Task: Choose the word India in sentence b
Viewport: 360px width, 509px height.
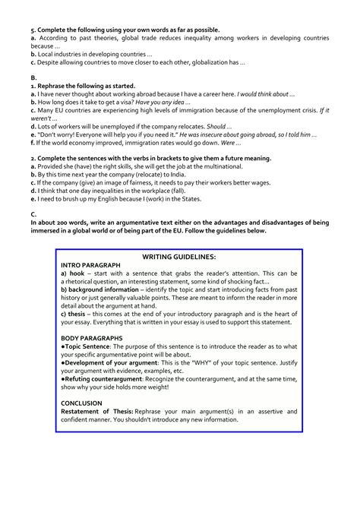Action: click(x=172, y=174)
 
